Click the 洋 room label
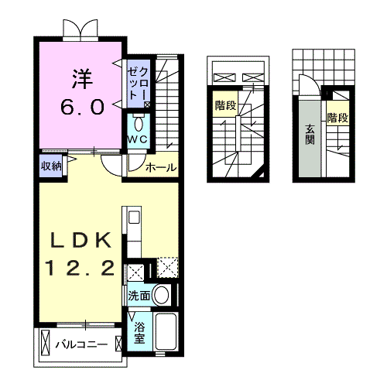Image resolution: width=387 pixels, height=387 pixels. click(x=82, y=79)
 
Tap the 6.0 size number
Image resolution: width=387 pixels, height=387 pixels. click(x=83, y=107)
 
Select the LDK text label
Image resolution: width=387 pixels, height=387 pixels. click(x=80, y=240)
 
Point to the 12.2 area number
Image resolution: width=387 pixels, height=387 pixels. click(x=80, y=268)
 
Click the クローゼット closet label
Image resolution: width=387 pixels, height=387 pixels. click(x=139, y=84)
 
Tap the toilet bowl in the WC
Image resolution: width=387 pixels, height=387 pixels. click(x=139, y=124)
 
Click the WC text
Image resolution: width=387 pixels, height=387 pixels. click(x=138, y=139)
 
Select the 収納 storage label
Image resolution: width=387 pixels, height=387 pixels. click(x=51, y=166)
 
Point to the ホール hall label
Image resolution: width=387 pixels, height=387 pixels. click(x=161, y=168)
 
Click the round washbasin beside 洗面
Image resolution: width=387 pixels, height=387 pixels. click(x=161, y=295)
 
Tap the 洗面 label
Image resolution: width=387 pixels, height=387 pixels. click(x=139, y=296)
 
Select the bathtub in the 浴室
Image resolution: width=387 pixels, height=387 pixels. click(x=166, y=331)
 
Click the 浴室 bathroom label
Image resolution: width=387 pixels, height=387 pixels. click(x=139, y=334)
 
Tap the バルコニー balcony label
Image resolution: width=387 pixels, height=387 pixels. click(x=81, y=344)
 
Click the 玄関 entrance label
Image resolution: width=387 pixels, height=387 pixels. click(x=310, y=135)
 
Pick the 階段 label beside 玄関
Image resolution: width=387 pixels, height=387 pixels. click(x=337, y=118)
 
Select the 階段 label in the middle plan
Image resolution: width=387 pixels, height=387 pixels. click(x=226, y=105)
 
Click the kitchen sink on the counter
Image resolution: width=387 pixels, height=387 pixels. click(x=134, y=217)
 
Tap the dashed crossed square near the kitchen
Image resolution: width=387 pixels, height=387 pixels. click(x=168, y=268)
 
